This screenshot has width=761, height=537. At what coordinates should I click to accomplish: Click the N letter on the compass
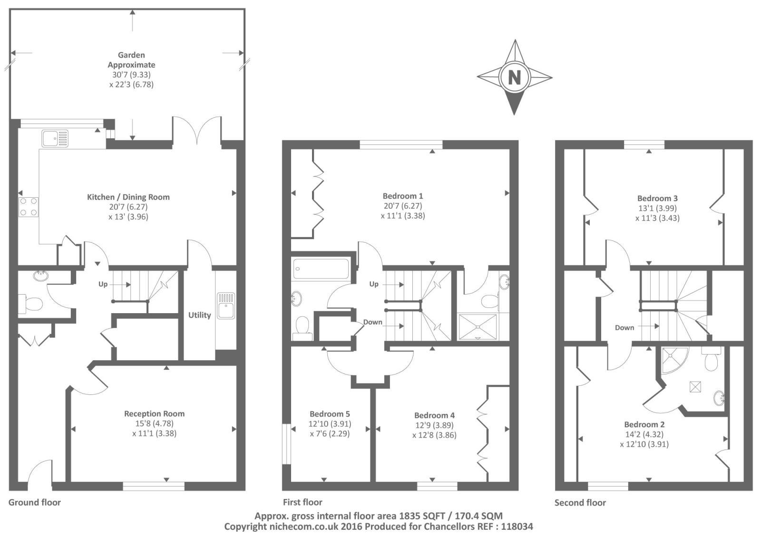514,77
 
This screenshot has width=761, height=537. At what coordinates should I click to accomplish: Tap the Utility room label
199,315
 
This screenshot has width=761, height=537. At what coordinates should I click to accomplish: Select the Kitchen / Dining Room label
128,197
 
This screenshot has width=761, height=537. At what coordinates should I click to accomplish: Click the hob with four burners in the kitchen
28,207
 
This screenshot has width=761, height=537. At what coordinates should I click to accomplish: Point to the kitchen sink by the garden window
55,138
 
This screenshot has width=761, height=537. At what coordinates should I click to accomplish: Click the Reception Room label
154,413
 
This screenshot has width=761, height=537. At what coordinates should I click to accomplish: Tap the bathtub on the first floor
321,269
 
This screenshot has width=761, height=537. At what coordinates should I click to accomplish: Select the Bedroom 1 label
402,196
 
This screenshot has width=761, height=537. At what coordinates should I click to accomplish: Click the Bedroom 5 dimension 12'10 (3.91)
330,424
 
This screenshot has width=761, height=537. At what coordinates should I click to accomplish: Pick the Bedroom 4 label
434,415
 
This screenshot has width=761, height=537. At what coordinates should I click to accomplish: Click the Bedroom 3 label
657,198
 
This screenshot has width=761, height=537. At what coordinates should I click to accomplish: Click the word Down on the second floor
624,327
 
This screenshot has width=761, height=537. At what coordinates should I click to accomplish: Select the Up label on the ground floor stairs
103,284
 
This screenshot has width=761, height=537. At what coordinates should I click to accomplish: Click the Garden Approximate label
131,60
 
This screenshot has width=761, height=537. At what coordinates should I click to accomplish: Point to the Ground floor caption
34,502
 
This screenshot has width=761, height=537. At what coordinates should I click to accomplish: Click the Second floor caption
580,503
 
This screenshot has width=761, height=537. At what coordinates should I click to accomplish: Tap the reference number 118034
515,527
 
